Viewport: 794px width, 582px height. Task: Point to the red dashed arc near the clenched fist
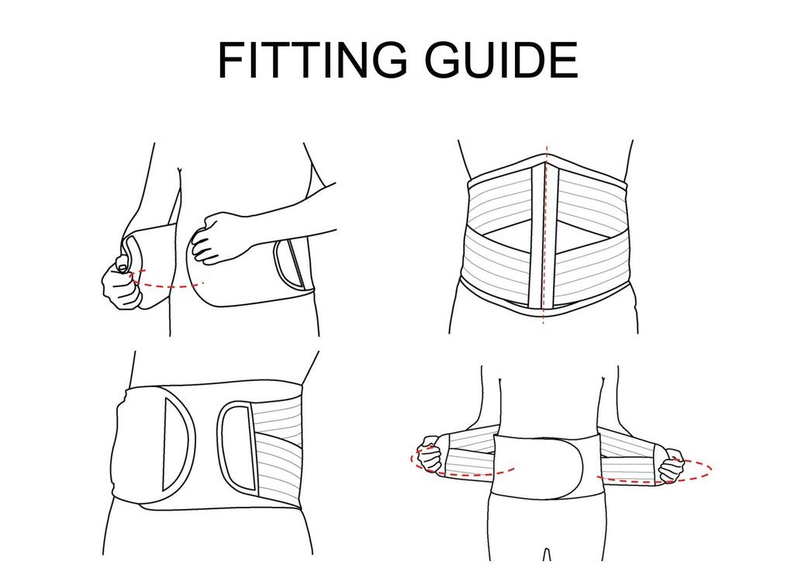pos(167,286)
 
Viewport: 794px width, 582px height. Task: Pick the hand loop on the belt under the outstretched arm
pos(291,262)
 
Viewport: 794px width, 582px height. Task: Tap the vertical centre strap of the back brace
pos(537,241)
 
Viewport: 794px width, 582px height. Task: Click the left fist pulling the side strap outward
pos(429,456)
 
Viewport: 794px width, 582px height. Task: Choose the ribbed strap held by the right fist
pos(628,458)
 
